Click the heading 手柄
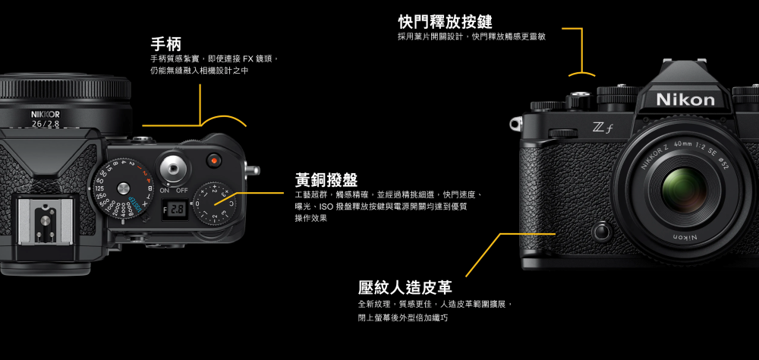(x=165, y=43)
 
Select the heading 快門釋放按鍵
(x=439, y=21)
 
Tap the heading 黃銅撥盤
(x=326, y=180)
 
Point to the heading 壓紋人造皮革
(x=405, y=288)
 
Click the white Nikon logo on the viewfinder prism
(x=685, y=99)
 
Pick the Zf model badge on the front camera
(x=603, y=130)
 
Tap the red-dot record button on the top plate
(x=215, y=161)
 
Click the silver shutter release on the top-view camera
(x=174, y=166)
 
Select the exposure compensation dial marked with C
(x=216, y=204)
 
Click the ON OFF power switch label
(x=173, y=189)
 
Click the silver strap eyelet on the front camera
(x=517, y=122)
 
